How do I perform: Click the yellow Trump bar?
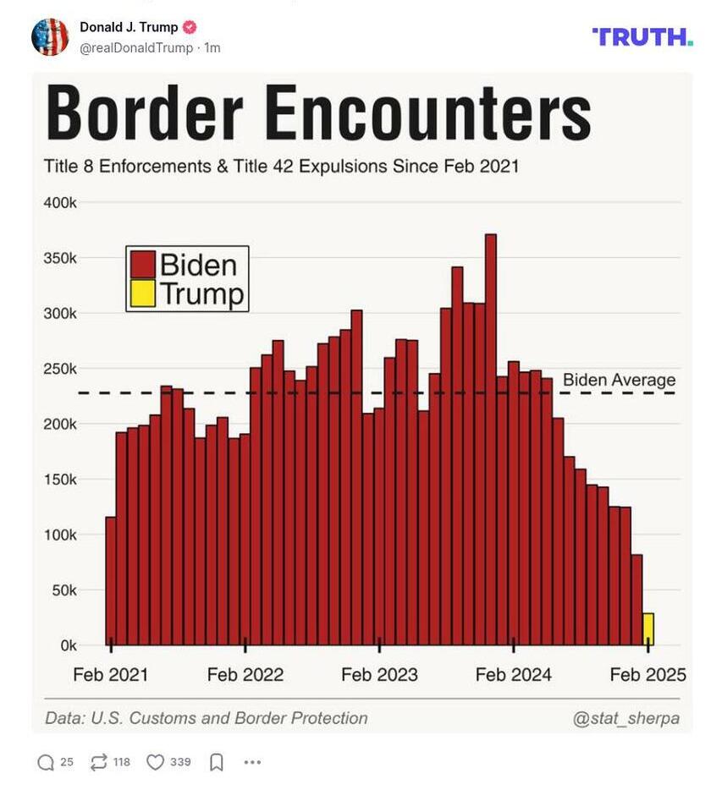[648, 628]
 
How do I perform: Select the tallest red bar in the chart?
[490, 440]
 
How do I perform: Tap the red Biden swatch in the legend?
[142, 265]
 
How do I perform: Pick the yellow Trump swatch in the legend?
[142, 293]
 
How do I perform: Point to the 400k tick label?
[60, 203]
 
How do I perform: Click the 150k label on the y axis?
[60, 480]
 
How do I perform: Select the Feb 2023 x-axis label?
[379, 674]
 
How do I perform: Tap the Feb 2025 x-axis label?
[648, 674]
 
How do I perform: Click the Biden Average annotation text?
[619, 380]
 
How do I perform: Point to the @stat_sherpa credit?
[626, 718]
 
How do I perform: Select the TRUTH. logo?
[642, 36]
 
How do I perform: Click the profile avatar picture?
[50, 37]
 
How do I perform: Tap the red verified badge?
[190, 27]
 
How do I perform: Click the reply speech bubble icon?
[46, 762]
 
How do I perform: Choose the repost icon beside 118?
[98, 762]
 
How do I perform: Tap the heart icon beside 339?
[155, 762]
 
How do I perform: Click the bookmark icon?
[216, 762]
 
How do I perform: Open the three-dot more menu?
[252, 762]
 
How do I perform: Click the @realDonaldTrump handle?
[136, 48]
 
